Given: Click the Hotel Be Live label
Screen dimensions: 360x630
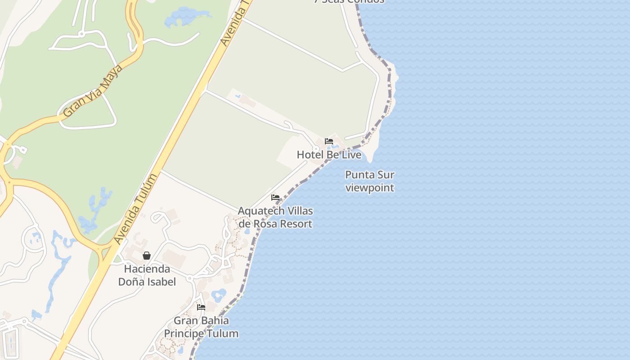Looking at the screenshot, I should click(x=329, y=155).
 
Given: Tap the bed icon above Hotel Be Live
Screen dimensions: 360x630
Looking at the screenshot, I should click(x=329, y=141).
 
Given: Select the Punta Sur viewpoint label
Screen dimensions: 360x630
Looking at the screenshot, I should click(x=369, y=181).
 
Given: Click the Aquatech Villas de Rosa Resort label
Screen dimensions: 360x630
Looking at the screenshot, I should click(x=275, y=217).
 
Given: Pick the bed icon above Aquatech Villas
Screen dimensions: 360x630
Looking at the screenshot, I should click(x=275, y=198).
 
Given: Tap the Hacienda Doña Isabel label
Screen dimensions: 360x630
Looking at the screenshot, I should click(x=147, y=275).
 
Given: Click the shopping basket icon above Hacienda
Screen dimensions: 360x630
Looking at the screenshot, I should click(x=147, y=256).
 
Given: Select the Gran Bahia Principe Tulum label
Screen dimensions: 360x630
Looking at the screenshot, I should click(x=201, y=327).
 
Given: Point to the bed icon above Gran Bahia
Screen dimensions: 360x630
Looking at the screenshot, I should click(x=201, y=307).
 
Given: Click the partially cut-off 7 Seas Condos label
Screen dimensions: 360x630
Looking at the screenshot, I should click(x=349, y=1).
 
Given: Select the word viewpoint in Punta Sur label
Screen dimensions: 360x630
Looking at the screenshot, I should click(x=369, y=188).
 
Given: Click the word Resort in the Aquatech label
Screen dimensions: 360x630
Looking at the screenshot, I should click(x=295, y=224).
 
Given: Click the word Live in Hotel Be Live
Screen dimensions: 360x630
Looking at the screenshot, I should click(x=351, y=155).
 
